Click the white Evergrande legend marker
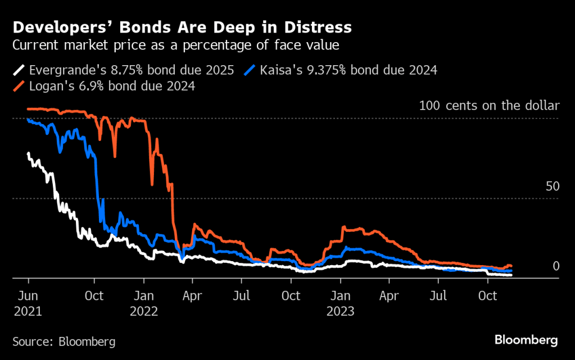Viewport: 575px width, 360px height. [x=19, y=71]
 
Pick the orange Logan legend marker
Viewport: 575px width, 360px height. [x=19, y=86]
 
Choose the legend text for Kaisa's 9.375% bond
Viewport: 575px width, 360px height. [x=348, y=71]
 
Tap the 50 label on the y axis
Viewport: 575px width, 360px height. [x=553, y=186]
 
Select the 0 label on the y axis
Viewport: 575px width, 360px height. [x=556, y=266]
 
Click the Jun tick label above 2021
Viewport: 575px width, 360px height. [x=28, y=296]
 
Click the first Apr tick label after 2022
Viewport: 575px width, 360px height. [x=192, y=296]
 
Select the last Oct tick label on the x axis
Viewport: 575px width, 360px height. [x=487, y=296]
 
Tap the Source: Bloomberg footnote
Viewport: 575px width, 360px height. [x=64, y=341]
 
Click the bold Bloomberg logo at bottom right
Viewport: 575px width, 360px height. [x=526, y=340]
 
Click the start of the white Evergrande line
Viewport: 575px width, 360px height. [x=29, y=153]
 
